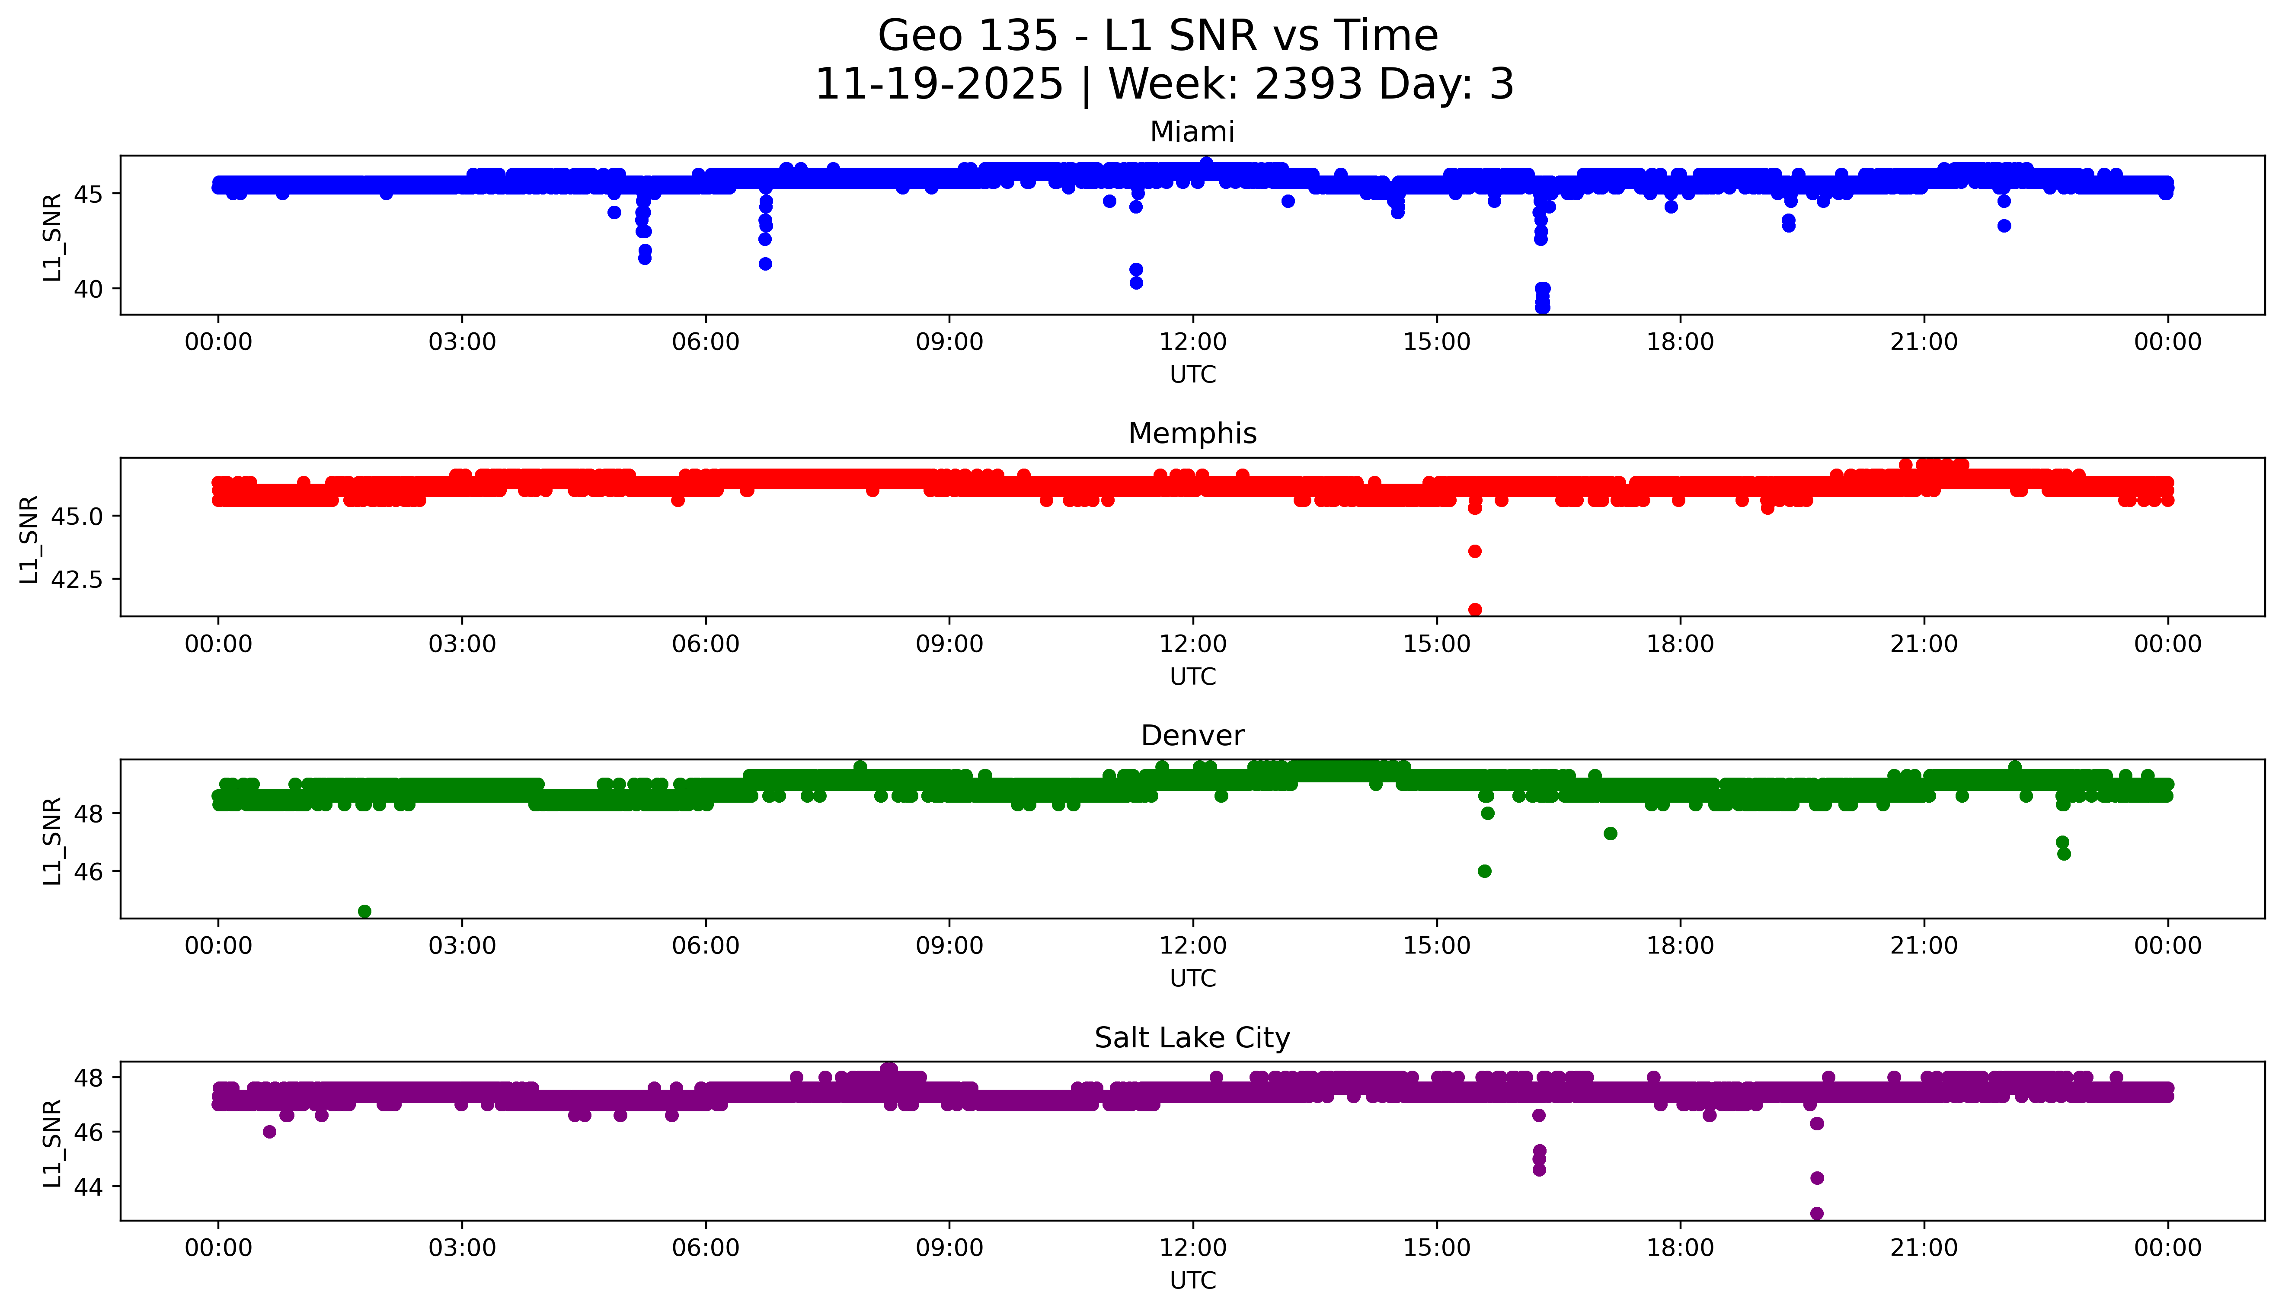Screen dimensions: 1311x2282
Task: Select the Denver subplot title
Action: point(1192,736)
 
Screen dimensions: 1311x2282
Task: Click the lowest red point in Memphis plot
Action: point(1474,609)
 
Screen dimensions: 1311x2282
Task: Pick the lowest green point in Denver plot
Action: point(364,911)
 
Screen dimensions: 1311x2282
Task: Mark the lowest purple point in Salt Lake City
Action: point(1816,1213)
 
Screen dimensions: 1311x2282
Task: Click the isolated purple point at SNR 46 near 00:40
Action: point(269,1132)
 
